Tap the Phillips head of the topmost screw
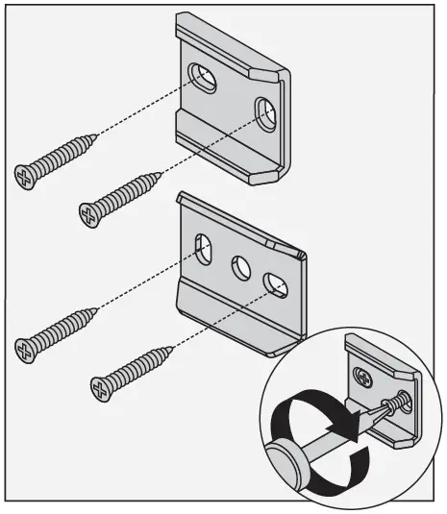pos(27,174)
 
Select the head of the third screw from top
pos(28,345)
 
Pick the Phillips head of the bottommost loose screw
pos(100,387)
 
